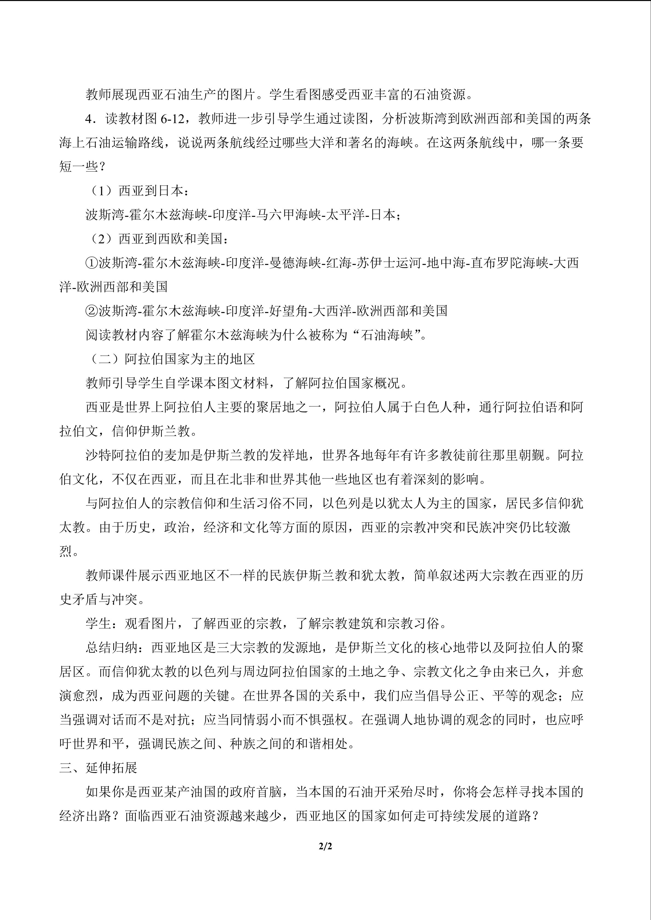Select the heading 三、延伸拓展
pyautogui.click(x=98, y=767)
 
